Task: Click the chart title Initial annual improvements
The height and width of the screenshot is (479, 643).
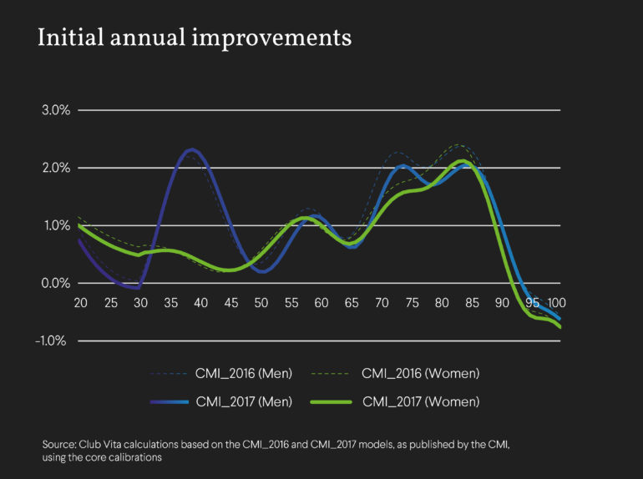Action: coord(194,38)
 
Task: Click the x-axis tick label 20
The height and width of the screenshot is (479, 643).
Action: coord(81,300)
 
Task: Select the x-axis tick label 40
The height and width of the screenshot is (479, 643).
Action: coord(200,300)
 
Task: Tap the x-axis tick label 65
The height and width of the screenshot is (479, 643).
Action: coord(352,300)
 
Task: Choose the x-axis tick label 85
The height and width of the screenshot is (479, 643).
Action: coord(472,300)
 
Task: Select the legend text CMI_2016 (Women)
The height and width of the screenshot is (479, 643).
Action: coord(421,372)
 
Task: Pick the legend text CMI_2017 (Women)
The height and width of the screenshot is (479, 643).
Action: coord(421,401)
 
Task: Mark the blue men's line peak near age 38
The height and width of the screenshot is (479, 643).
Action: coord(192,150)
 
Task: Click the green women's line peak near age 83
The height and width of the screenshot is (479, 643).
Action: coord(461,161)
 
